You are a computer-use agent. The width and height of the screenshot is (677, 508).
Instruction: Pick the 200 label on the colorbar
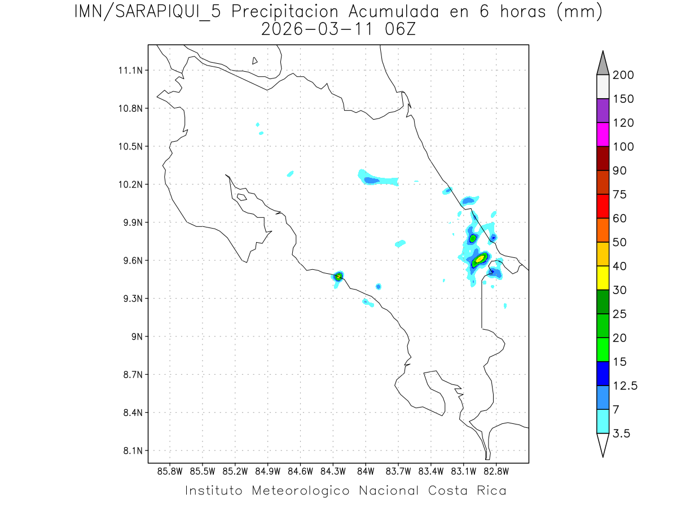(x=623, y=75)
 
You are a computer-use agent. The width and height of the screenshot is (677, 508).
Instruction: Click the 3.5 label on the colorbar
(x=621, y=433)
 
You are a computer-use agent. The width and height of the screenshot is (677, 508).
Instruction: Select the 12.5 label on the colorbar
(x=625, y=386)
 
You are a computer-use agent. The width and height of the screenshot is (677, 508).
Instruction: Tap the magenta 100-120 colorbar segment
(x=603, y=134)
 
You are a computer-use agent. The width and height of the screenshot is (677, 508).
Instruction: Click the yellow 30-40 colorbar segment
(x=603, y=277)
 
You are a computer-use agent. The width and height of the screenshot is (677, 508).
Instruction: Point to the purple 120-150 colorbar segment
(x=603, y=111)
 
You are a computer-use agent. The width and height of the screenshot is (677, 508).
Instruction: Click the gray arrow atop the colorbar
(x=603, y=64)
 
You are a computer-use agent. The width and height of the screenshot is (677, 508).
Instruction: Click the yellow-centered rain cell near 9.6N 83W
(x=480, y=259)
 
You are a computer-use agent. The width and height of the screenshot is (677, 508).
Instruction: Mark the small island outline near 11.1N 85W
(x=255, y=60)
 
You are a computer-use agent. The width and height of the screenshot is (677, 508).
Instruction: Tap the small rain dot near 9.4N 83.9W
(x=378, y=286)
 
